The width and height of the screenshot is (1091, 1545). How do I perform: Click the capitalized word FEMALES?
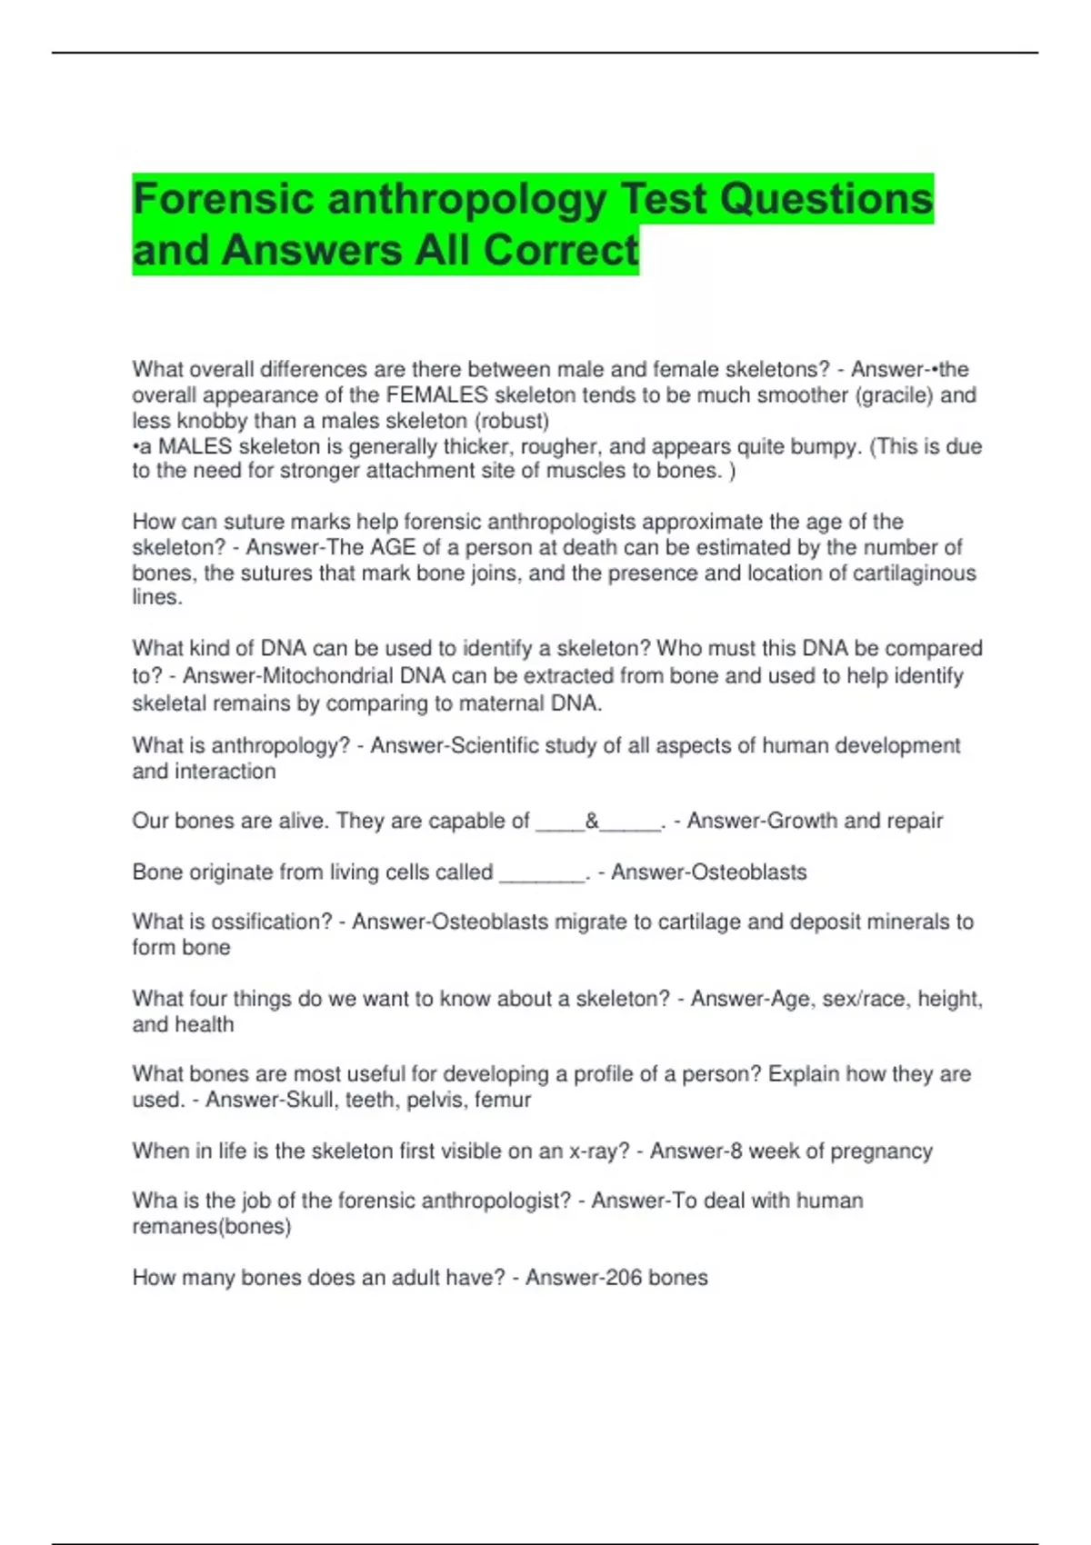437,395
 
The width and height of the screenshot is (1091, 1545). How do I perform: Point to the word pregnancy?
881,1151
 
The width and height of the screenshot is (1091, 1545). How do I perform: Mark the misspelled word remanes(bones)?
212,1226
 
